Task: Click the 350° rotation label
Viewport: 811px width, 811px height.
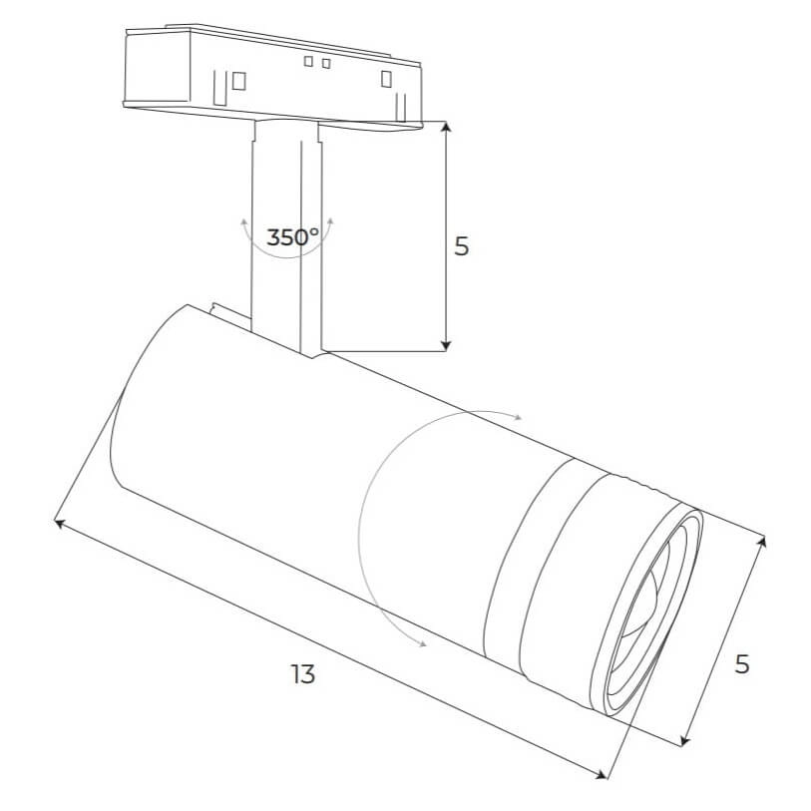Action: (292, 237)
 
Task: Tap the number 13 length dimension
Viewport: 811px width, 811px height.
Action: (302, 674)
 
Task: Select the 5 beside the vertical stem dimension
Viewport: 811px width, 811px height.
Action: (461, 246)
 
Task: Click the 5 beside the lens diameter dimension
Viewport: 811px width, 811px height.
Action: (742, 664)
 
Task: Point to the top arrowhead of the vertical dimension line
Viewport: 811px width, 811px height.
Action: (447, 127)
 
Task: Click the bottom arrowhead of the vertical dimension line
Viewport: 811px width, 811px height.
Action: (447, 346)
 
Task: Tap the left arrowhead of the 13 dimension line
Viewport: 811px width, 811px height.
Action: (59, 524)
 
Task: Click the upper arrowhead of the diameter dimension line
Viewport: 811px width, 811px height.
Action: (762, 542)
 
